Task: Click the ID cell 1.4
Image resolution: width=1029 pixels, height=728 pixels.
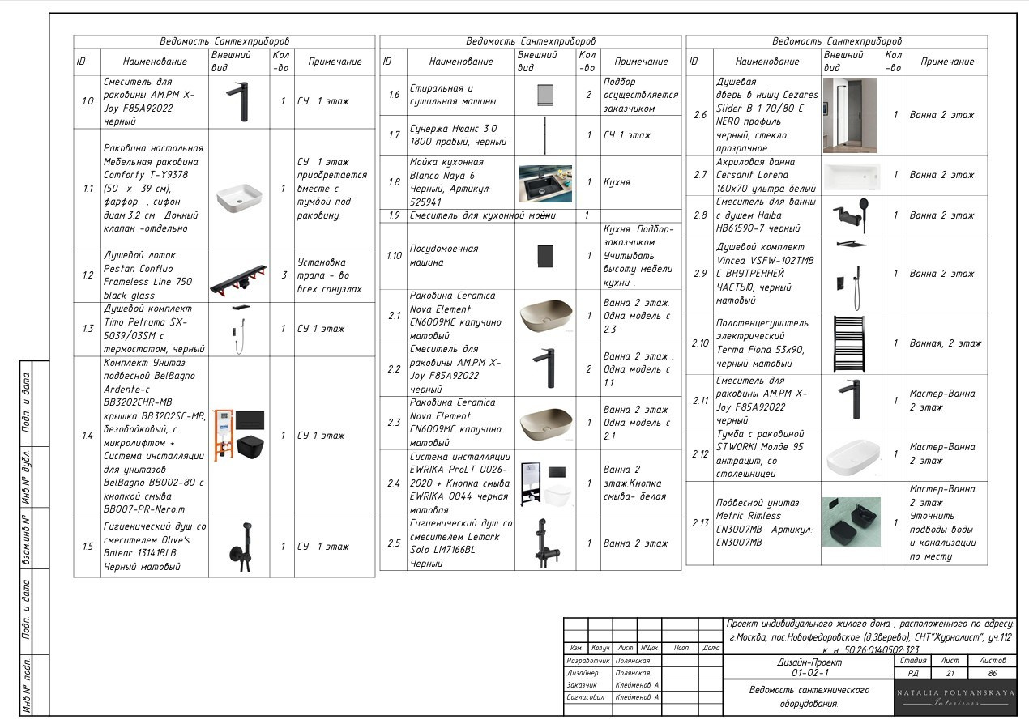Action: pyautogui.click(x=88, y=436)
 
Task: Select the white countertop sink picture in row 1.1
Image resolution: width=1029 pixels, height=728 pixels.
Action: pyautogui.click(x=239, y=198)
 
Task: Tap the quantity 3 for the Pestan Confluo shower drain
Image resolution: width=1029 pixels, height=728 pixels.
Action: pyautogui.click(x=284, y=275)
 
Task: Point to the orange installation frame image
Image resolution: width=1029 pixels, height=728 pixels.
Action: pyautogui.click(x=223, y=435)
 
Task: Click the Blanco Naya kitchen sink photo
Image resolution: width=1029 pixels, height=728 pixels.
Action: pyautogui.click(x=545, y=184)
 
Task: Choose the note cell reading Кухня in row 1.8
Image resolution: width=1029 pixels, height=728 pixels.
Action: pyautogui.click(x=617, y=182)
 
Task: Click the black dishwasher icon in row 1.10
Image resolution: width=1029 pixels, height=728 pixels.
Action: pyautogui.click(x=545, y=256)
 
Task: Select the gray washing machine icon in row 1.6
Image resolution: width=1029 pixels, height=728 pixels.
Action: pyautogui.click(x=545, y=96)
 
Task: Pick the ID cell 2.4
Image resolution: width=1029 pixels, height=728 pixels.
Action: pyautogui.click(x=394, y=483)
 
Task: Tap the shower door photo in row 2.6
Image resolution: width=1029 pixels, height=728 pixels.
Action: pyautogui.click(x=849, y=115)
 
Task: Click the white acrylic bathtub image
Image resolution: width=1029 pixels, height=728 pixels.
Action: pyautogui.click(x=852, y=177)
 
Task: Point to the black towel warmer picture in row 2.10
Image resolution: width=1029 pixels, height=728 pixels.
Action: pyautogui.click(x=849, y=343)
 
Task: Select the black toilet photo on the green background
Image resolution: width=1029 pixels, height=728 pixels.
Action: pyautogui.click(x=852, y=522)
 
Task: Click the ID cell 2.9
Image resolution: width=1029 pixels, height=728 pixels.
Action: pyautogui.click(x=700, y=274)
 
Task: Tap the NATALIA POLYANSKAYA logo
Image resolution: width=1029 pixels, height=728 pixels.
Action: pyautogui.click(x=955, y=697)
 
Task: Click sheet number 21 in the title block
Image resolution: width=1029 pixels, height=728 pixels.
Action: pyautogui.click(x=950, y=674)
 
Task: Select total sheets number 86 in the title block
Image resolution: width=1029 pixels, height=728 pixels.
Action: pyautogui.click(x=993, y=674)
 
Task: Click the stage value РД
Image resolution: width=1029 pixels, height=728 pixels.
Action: pyautogui.click(x=913, y=674)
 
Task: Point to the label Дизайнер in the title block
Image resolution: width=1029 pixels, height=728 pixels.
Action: pyautogui.click(x=583, y=673)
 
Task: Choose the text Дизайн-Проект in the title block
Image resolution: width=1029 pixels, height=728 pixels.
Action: pyautogui.click(x=809, y=662)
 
